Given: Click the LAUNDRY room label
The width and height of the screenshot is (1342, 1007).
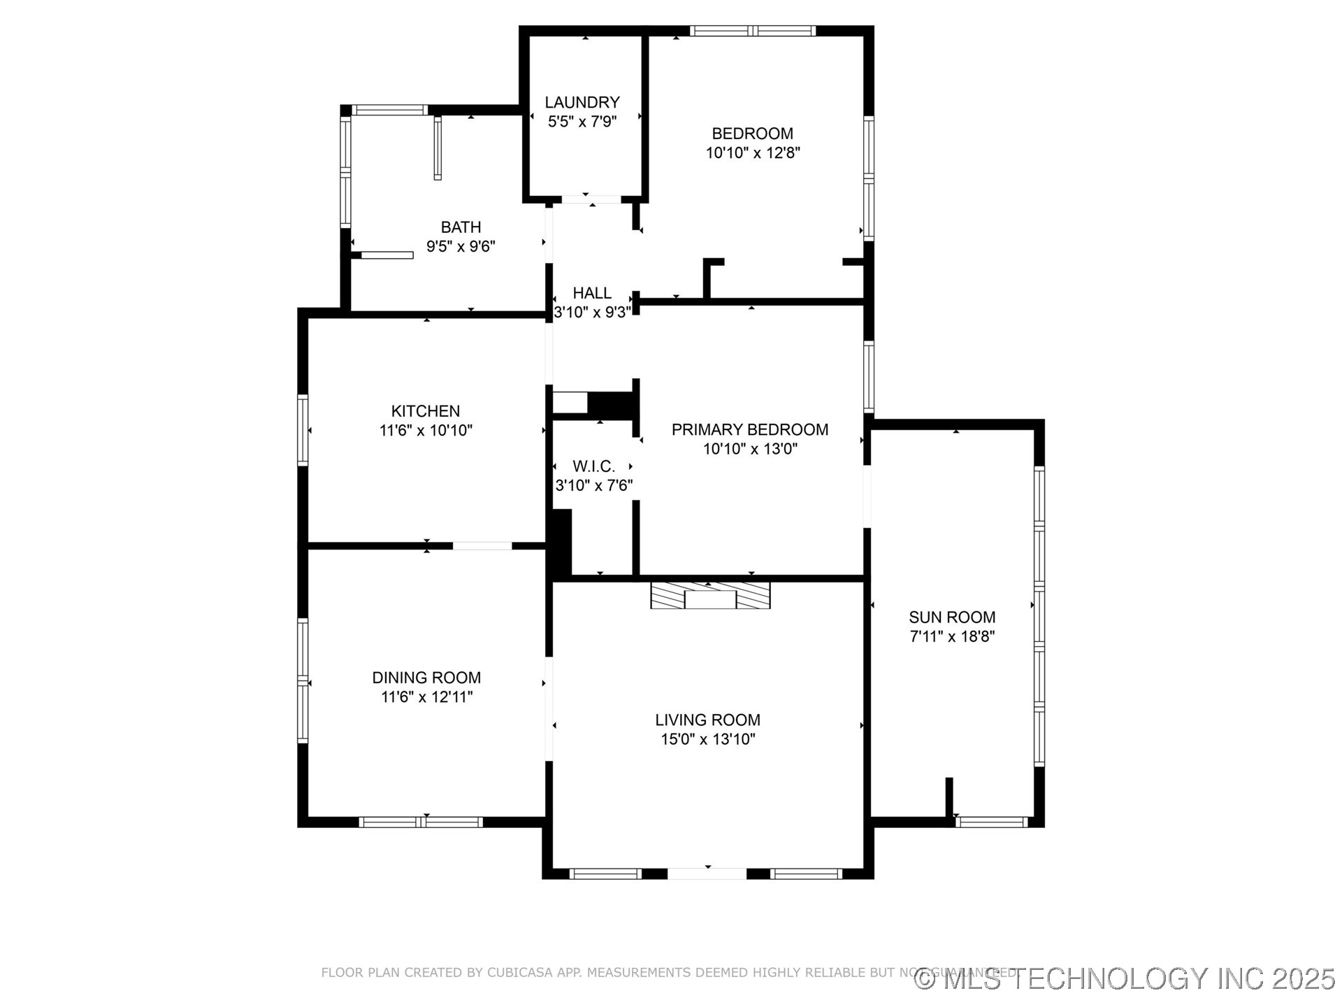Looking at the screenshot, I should (x=582, y=102).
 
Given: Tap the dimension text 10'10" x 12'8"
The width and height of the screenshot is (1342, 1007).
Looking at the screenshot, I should (x=752, y=152).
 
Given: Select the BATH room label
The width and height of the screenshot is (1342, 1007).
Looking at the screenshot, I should (x=461, y=227).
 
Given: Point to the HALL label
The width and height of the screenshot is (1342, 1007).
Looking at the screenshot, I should (x=592, y=293).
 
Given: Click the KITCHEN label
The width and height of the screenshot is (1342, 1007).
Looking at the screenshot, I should (x=425, y=411).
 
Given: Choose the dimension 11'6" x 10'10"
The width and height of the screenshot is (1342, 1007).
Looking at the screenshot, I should (x=425, y=431).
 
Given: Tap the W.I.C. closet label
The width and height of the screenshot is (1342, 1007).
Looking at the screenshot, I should (x=593, y=466).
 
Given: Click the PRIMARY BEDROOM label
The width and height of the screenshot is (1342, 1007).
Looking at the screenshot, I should (x=749, y=429).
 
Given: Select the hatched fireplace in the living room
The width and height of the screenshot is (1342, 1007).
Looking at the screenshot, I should (x=710, y=594).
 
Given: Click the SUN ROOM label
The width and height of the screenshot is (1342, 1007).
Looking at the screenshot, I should (x=951, y=617).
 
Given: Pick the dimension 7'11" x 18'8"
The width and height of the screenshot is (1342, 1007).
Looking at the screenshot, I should (x=951, y=636).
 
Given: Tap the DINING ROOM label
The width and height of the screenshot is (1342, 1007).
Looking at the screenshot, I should (x=426, y=678).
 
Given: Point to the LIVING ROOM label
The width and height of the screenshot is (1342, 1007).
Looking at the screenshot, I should (x=707, y=720).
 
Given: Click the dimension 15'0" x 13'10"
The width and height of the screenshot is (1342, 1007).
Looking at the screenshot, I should (x=707, y=739).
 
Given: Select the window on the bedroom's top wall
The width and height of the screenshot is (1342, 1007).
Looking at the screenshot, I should (x=753, y=31).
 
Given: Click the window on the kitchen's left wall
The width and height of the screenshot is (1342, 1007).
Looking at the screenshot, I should (x=303, y=429).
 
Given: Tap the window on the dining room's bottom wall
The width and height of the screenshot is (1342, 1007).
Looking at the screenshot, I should (x=421, y=822).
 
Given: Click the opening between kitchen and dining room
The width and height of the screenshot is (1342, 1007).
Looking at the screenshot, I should (x=482, y=545).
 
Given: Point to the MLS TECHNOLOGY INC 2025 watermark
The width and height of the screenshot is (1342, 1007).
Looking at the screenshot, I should (x=1125, y=978).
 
